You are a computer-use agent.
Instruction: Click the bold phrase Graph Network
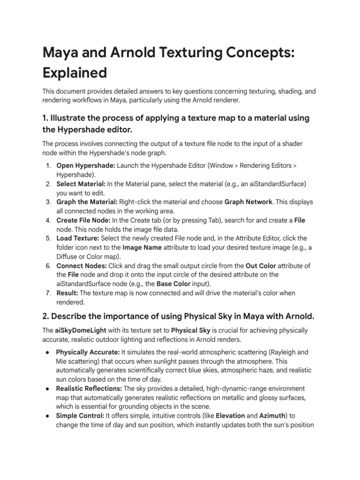pos(248,202)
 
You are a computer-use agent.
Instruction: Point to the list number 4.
pos(48,220)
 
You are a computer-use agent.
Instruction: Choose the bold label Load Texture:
pos(78,239)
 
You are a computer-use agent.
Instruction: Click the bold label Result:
pos(67,293)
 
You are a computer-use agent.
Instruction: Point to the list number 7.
pos(48,293)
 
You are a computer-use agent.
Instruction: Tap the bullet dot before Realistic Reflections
pos(48,389)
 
